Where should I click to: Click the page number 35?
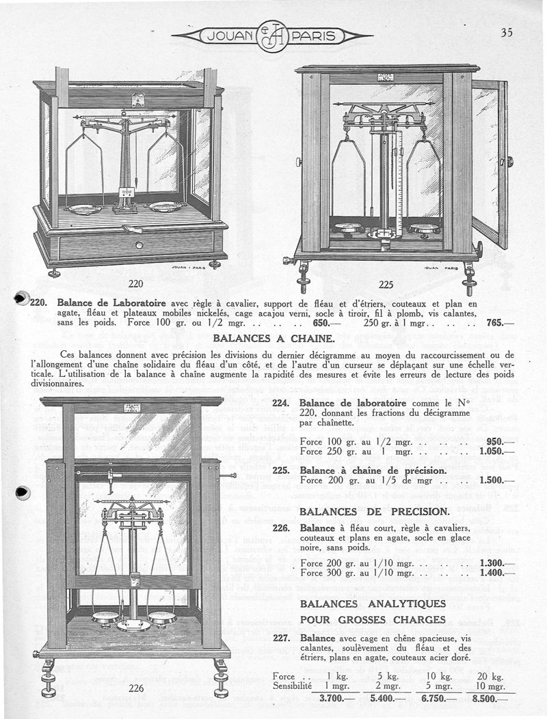coord(506,32)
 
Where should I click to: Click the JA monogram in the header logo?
coord(271,36)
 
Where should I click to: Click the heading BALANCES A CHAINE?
coord(273,338)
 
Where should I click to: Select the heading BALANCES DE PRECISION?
coord(374,511)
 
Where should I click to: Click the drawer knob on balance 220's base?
coord(139,244)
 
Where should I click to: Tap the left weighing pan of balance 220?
coord(86,208)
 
